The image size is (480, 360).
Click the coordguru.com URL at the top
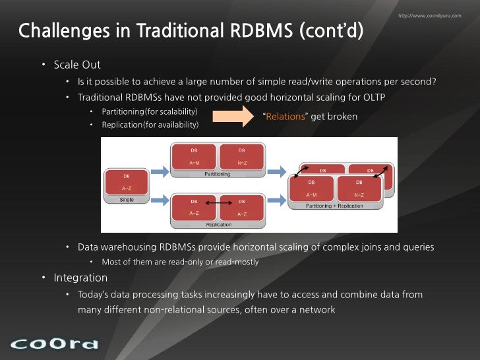click(430, 15)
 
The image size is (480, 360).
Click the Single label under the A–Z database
click(126, 198)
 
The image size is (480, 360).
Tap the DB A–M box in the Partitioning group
click(194, 156)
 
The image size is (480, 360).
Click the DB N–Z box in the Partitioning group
click(241, 156)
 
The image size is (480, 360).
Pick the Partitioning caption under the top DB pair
click(217, 174)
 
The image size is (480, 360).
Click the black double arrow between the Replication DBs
click(217, 202)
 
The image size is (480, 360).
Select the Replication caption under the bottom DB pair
click(218, 225)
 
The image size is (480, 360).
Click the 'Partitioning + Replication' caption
click(334, 206)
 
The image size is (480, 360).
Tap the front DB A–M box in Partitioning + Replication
click(312, 187)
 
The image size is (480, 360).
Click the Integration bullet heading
click(80, 278)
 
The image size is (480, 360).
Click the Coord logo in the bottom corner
click(54, 344)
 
